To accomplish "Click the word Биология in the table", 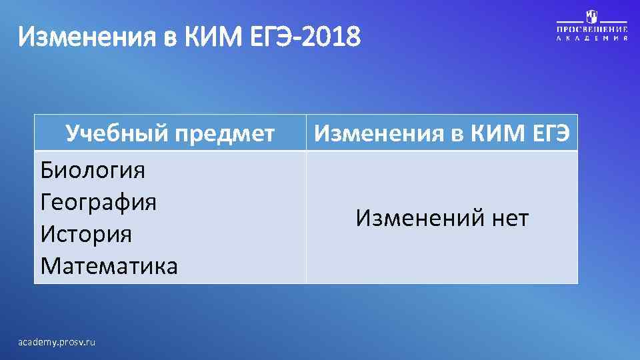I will coord(93,171).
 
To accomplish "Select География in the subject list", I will coord(99,202).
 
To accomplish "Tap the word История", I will coord(86,234).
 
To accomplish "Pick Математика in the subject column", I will coord(109,266).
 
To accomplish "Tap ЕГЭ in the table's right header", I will coord(549,134).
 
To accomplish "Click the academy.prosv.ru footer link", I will coord(57,342).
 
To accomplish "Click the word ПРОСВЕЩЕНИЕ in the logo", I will coord(592,30).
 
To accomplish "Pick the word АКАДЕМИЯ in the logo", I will coord(592,39).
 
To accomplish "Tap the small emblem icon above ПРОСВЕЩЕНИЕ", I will coord(592,16).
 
